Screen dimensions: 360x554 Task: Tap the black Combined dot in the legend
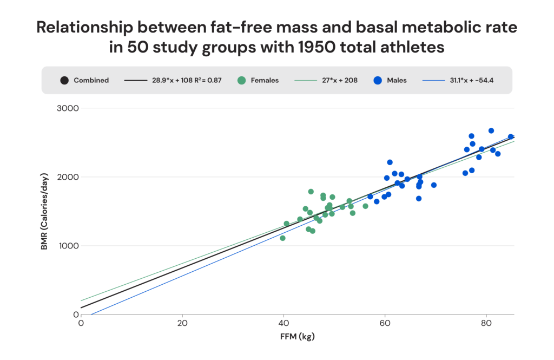(x=64, y=80)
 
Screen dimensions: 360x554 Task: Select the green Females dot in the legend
(x=241, y=80)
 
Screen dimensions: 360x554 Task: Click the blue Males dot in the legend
(x=377, y=80)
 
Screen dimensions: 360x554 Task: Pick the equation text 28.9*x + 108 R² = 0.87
(x=189, y=80)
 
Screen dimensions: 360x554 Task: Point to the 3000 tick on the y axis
(x=68, y=108)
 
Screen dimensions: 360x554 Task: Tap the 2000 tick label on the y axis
(x=68, y=177)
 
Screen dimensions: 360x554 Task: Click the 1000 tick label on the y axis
(x=68, y=246)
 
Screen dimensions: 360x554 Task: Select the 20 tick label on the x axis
(x=182, y=324)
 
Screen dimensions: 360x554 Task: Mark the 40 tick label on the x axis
(x=283, y=324)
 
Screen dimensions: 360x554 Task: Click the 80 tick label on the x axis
(x=486, y=324)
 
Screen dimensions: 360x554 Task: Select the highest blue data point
(x=491, y=130)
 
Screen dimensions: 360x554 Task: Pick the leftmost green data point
(x=282, y=238)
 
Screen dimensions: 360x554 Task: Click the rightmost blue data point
(x=511, y=137)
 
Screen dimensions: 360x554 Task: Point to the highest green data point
(x=311, y=192)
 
